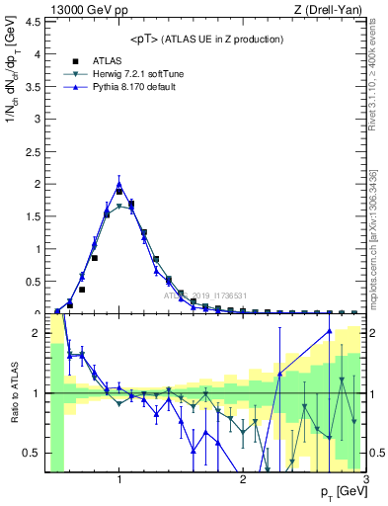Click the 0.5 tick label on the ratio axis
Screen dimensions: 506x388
pos(32,453)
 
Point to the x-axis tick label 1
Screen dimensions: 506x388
pos(119,480)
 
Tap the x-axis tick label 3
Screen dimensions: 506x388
pos(365,480)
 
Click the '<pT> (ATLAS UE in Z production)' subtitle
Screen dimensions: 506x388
pos(206,39)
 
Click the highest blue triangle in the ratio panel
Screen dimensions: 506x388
pos(330,331)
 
